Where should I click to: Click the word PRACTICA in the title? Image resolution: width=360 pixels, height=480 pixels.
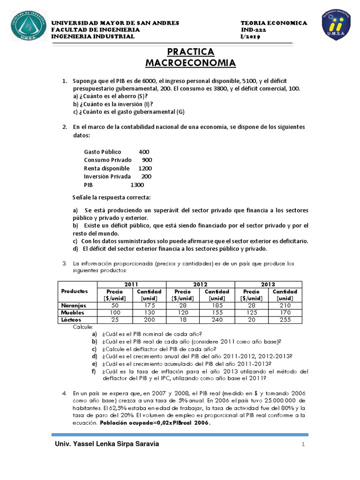pos(190,52)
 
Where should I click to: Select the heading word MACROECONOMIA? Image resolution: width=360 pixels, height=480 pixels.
pos(190,63)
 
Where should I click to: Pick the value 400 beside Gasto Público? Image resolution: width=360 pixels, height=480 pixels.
pos(144,152)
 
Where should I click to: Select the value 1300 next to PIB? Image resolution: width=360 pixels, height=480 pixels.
pos(137,185)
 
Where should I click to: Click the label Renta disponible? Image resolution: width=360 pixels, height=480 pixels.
pos(106,168)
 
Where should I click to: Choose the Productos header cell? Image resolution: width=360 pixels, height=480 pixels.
pos(77,291)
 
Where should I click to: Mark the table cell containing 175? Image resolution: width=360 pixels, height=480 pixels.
pos(149,305)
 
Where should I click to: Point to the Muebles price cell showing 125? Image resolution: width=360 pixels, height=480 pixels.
pos(251,312)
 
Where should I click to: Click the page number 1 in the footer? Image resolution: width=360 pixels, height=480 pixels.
pos(303,444)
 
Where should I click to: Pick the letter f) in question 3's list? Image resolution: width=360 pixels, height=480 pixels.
pos(94,371)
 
